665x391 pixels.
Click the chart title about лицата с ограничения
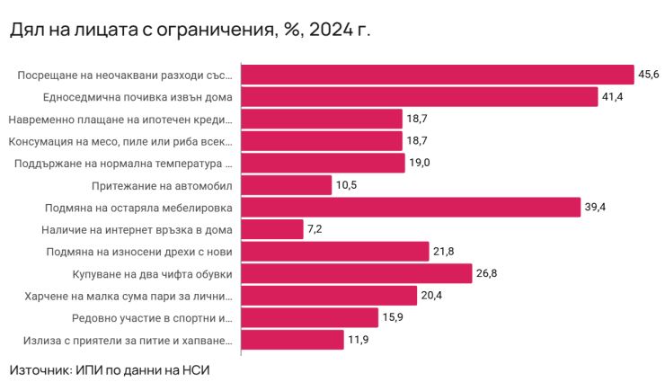[190, 30]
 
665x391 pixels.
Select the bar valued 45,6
[439, 75]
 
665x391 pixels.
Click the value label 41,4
[614, 97]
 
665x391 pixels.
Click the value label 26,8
[488, 273]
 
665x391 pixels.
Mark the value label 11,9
[359, 340]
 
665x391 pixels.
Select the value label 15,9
[394, 317]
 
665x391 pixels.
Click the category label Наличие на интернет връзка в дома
[143, 229]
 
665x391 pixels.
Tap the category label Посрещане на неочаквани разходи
[125, 75]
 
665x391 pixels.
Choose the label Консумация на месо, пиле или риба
[120, 141]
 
